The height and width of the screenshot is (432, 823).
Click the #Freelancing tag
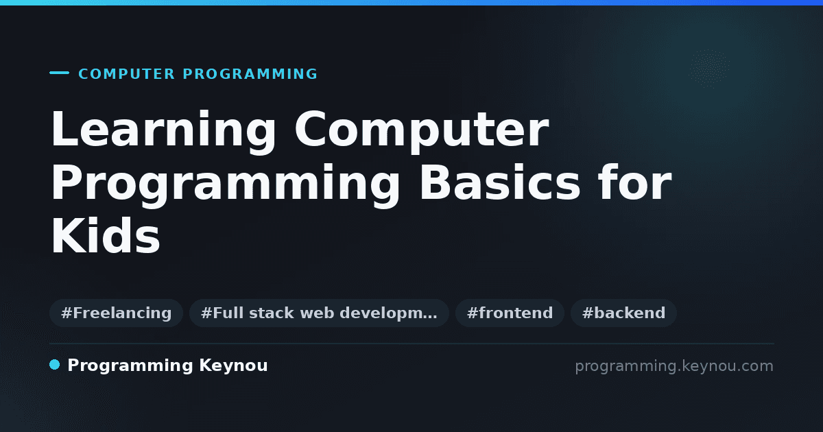pos(116,313)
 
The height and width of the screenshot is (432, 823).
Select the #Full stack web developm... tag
pos(319,313)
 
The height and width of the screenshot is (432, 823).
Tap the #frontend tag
pos(510,313)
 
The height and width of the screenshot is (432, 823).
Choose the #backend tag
pos(623,313)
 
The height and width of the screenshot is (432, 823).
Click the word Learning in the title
pos(163,130)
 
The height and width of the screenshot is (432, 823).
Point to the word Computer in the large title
pos(422,130)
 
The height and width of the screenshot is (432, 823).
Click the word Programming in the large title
pos(225,184)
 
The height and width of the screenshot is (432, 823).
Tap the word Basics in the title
pos(500,182)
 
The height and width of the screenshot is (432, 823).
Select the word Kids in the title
pos(106,235)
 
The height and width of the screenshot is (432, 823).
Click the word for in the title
pos(635,182)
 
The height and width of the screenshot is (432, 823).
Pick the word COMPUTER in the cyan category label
pos(127,74)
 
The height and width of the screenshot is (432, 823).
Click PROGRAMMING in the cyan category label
pos(250,74)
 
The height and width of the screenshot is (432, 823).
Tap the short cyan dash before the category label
pos(59,73)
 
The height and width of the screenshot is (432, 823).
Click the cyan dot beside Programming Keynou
pos(54,365)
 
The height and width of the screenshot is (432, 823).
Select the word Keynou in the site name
pos(233,365)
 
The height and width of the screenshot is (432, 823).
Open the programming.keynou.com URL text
pos(674,366)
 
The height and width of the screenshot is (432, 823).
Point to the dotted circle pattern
pos(709,69)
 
